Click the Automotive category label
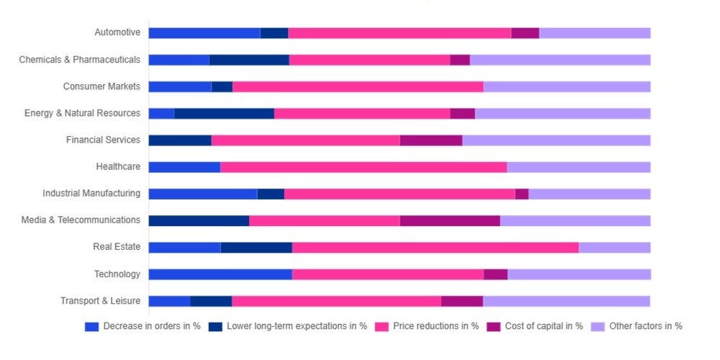click(117, 32)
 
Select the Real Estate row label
click(117, 247)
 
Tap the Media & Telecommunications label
click(81, 220)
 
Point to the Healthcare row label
click(118, 167)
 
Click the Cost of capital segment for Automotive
click(525, 33)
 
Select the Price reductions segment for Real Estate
click(435, 248)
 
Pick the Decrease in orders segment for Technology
click(220, 274)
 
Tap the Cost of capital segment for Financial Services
click(431, 140)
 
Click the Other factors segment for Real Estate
click(614, 248)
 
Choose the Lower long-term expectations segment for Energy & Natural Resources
click(224, 114)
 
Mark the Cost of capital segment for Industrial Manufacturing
click(521, 194)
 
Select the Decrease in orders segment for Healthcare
click(184, 167)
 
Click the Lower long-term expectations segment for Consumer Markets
click(222, 87)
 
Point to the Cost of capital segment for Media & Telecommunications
click(449, 220)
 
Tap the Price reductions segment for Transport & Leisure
click(336, 301)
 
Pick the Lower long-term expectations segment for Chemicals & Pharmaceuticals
click(249, 60)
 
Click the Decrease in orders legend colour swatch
click(91, 326)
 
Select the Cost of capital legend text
click(544, 326)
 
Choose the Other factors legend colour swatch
click(598, 326)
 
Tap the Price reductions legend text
click(436, 326)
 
